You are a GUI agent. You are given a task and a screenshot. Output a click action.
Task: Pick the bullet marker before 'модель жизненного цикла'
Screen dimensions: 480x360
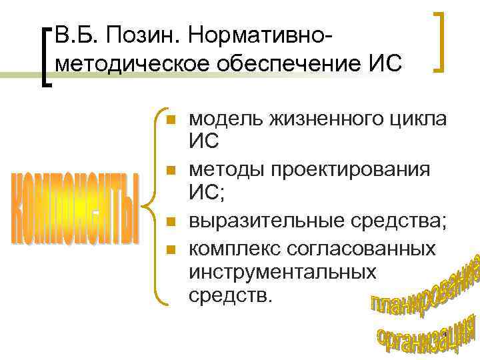[x=171, y=120]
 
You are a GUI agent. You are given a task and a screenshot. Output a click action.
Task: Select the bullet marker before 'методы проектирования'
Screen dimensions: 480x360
[x=171, y=171]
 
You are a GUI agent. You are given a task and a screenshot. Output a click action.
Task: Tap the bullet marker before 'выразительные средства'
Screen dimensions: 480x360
[x=171, y=221]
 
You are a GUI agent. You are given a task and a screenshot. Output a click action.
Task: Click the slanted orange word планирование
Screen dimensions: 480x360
[x=423, y=287]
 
